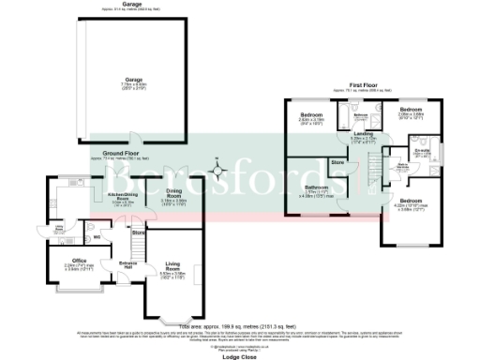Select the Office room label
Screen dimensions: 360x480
[79, 260]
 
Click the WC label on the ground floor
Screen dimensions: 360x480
[83, 222]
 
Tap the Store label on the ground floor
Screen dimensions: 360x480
[138, 232]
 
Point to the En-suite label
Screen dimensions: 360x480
[422, 150]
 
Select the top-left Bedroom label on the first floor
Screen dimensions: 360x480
[311, 115]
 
